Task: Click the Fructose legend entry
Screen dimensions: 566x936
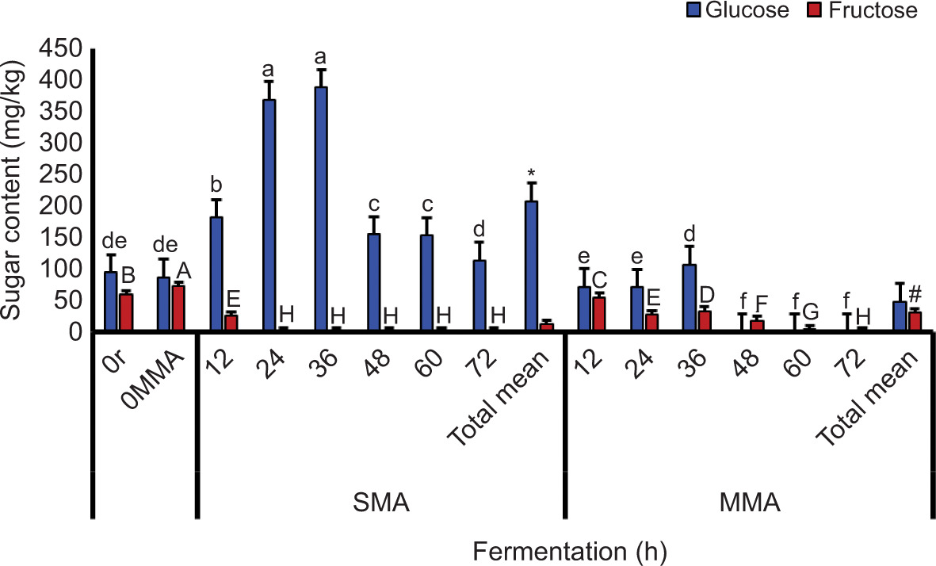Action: [x=868, y=11]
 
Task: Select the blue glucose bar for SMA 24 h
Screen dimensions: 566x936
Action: [x=269, y=214]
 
